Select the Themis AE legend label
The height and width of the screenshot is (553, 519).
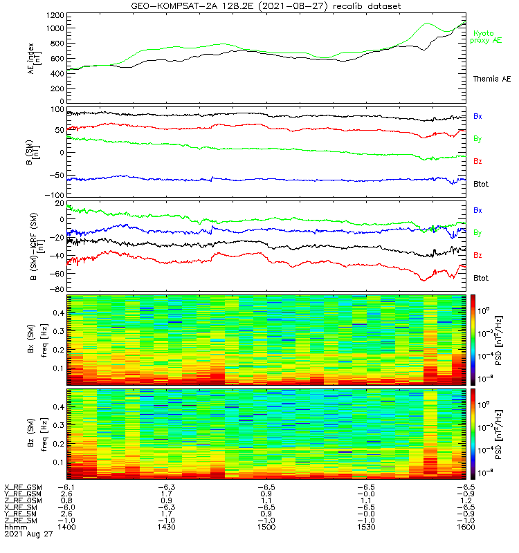(x=492, y=79)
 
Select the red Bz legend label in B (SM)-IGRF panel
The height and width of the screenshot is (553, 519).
(x=478, y=256)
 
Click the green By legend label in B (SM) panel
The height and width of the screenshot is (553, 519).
(x=478, y=139)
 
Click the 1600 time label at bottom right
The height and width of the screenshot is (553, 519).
(x=462, y=527)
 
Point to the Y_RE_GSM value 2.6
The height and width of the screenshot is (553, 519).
(x=67, y=494)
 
